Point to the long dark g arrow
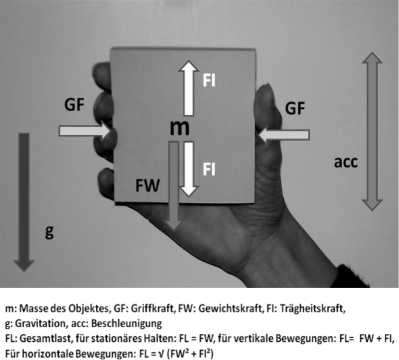[25, 200]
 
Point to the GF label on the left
[78, 104]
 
